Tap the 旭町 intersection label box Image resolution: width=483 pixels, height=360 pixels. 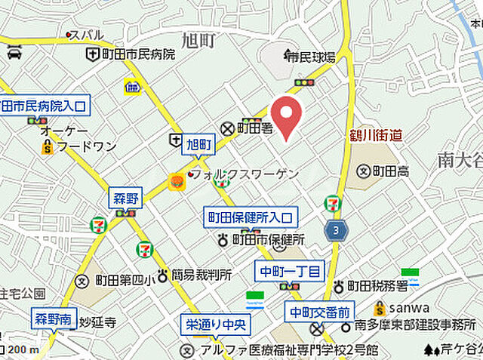pyautogui.click(x=200, y=143)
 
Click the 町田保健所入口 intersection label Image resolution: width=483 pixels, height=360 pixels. pyautogui.click(x=251, y=218)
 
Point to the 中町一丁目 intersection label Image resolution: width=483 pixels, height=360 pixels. pyautogui.click(x=290, y=271)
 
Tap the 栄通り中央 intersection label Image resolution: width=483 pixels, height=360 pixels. pyautogui.click(x=216, y=325)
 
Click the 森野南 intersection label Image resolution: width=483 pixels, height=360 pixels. pyautogui.click(x=54, y=318)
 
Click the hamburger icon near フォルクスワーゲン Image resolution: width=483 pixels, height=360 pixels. pyautogui.click(x=176, y=181)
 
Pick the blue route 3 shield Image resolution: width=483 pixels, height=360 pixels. pyautogui.click(x=334, y=230)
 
